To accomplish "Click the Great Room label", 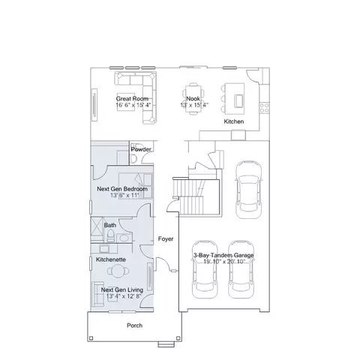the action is [132, 98].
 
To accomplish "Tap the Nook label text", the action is [193, 98].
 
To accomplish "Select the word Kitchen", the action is [234, 121].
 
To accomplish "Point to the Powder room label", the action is [141, 149].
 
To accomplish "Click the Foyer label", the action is [166, 239].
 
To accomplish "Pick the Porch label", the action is [135, 325].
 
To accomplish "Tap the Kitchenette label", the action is [111, 259].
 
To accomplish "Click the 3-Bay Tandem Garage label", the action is [223, 255].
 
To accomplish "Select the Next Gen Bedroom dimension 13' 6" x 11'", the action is [124, 195].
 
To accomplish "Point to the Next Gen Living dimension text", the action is [124, 296].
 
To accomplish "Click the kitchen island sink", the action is [238, 101].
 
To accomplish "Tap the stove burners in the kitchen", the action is [264, 108].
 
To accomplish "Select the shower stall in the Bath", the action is [97, 229].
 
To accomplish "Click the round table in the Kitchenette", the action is [118, 271].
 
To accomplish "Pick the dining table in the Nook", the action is [193, 99].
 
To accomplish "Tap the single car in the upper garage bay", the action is [249, 189].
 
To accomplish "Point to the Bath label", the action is [110, 225].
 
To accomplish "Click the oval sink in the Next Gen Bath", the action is [123, 238].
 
